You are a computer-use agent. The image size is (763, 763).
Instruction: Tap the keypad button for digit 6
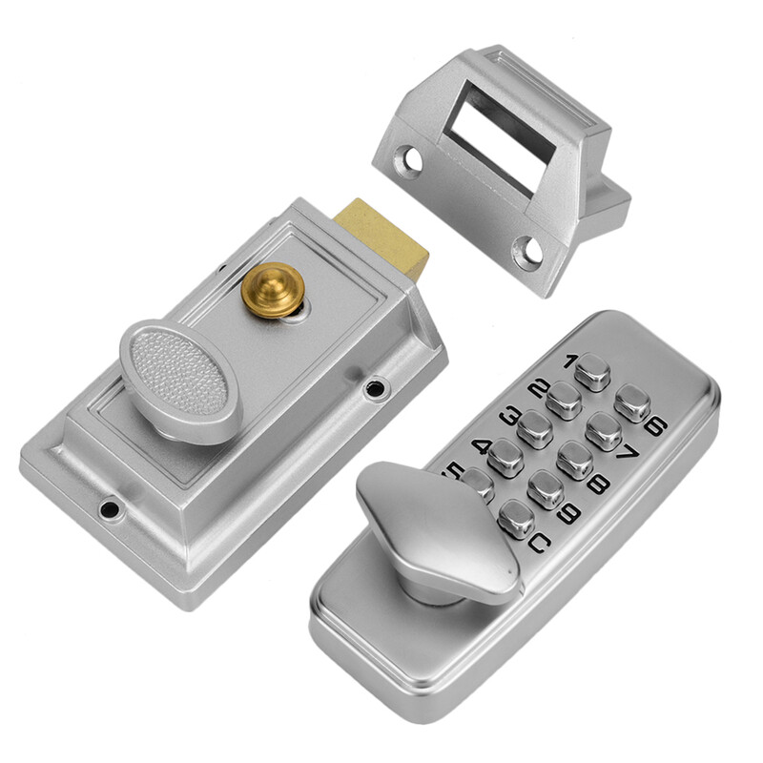pyautogui.click(x=631, y=402)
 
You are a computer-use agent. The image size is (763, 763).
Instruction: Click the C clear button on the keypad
pyautogui.click(x=516, y=518)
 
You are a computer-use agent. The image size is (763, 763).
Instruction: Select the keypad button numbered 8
pyautogui.click(x=574, y=461)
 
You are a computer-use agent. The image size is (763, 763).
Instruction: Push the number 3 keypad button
pyautogui.click(x=535, y=429)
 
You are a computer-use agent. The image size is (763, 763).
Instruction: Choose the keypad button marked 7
pyautogui.click(x=603, y=431)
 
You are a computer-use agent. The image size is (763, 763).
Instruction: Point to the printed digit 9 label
pyautogui.click(x=569, y=514)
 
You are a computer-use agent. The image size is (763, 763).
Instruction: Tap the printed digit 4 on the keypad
pyautogui.click(x=482, y=446)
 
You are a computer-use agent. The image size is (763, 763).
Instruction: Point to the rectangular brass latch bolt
pyautogui.click(x=381, y=236)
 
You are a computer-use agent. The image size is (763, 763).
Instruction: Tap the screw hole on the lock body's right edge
pyautogui.click(x=377, y=388)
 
